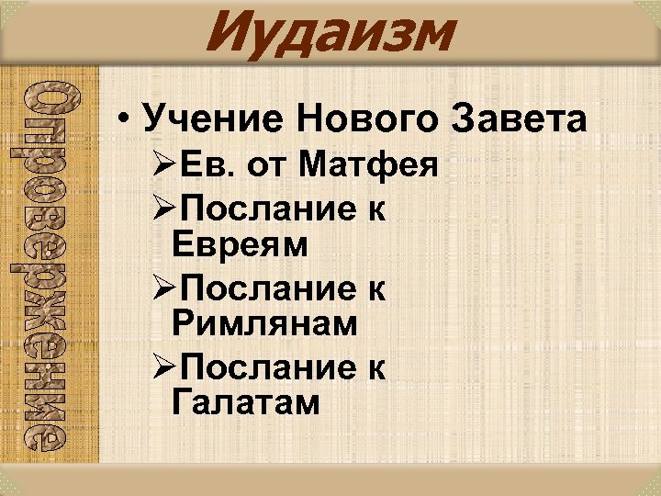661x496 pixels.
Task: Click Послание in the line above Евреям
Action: (x=265, y=210)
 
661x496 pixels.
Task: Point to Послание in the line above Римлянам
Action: (x=265, y=289)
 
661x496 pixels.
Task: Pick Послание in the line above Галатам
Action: (x=265, y=368)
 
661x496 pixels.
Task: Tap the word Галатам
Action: (x=246, y=402)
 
